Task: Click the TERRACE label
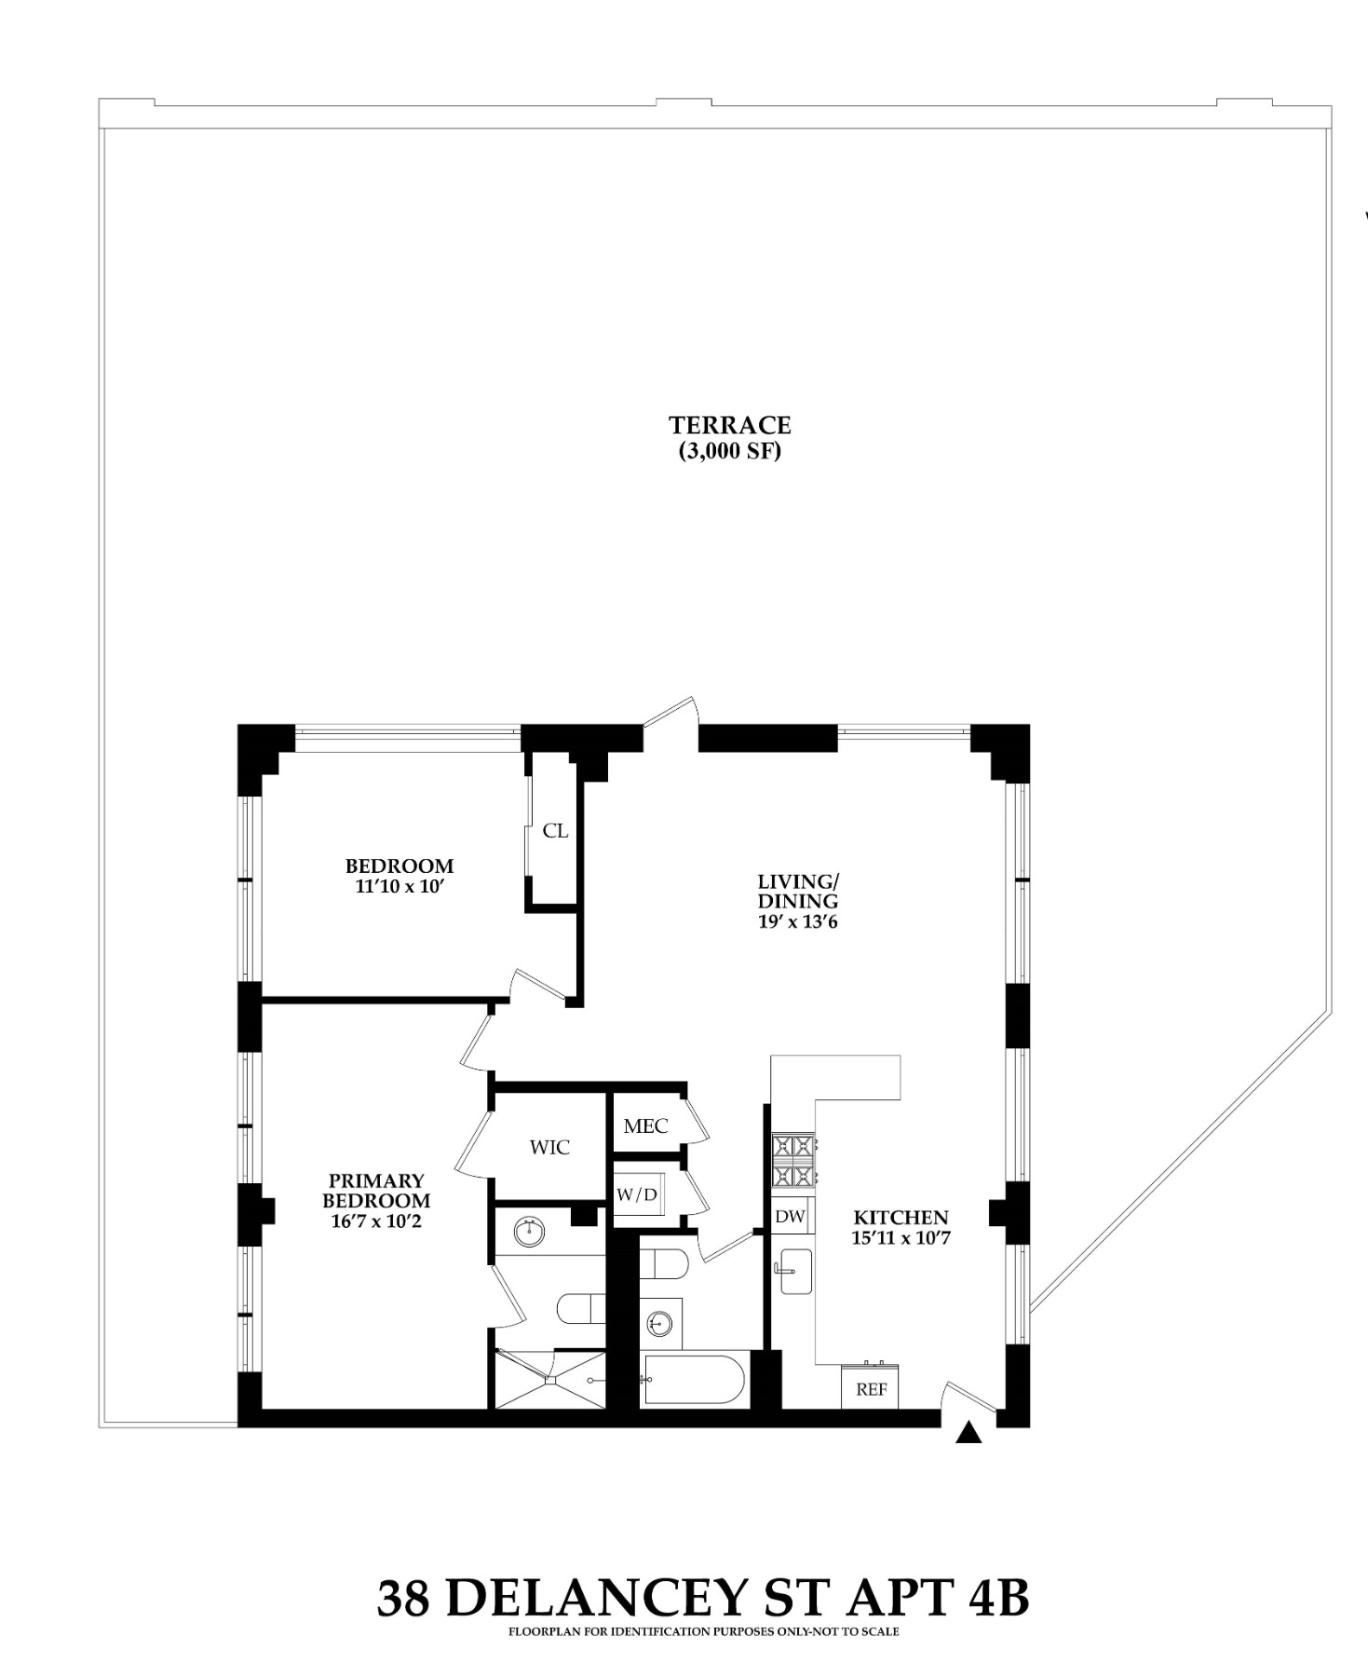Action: (x=729, y=425)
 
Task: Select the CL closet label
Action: (x=555, y=830)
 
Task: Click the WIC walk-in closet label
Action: (x=549, y=1147)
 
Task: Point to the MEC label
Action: (x=645, y=1125)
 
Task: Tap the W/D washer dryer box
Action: (x=638, y=1194)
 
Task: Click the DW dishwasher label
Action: (x=790, y=1216)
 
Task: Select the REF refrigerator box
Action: (x=870, y=1388)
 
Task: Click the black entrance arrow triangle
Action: (x=969, y=1433)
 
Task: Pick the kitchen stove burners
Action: (x=793, y=1160)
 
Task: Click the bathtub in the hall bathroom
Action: (x=693, y=1380)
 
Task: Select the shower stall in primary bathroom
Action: (x=550, y=1379)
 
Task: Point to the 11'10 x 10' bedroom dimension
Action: (x=398, y=886)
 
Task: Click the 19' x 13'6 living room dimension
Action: (x=798, y=922)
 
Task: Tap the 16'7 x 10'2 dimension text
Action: (x=376, y=1220)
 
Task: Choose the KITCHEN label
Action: (x=901, y=1217)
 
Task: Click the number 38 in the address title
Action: (x=403, y=1597)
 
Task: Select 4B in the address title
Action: (x=998, y=1597)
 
